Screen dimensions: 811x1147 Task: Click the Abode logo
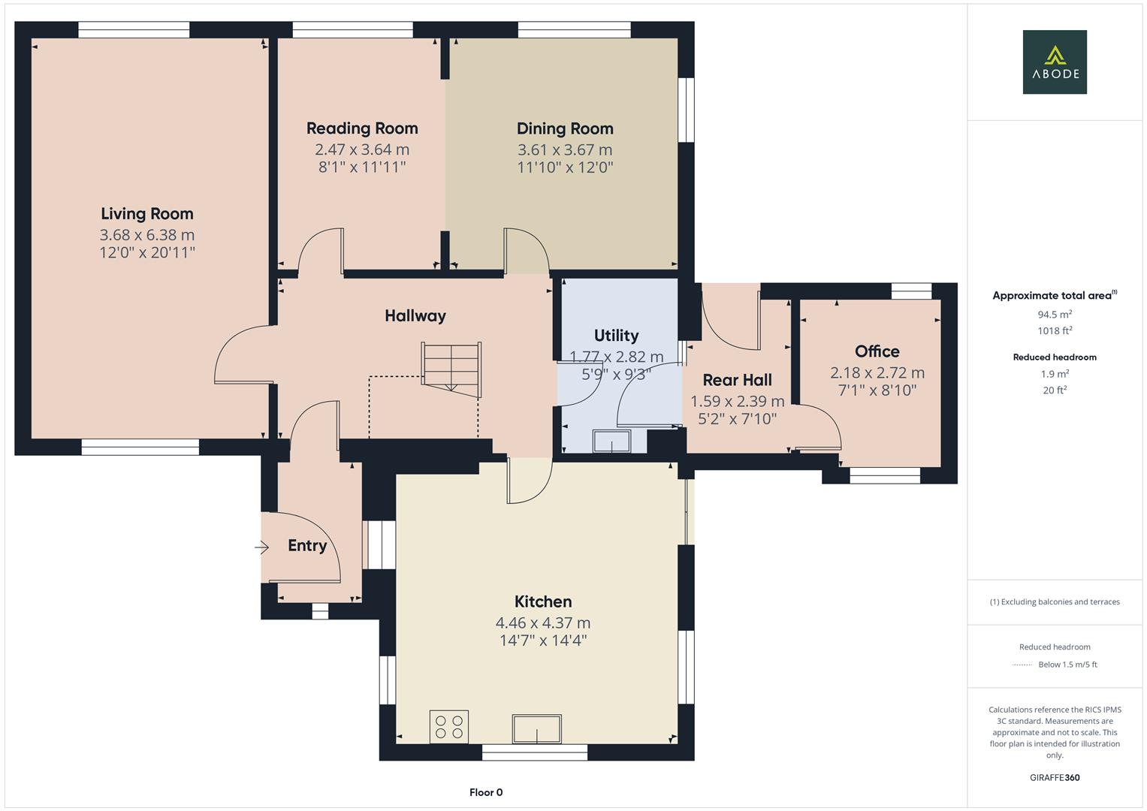pyautogui.click(x=1054, y=62)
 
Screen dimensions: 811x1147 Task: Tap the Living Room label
pyautogui.click(x=147, y=214)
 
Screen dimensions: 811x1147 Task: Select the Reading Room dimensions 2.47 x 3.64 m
pyautogui.click(x=362, y=149)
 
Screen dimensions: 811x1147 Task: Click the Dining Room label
pyautogui.click(x=565, y=128)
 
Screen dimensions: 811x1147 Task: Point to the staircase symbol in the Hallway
pyautogui.click(x=451, y=369)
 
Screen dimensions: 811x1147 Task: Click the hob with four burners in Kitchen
pyautogui.click(x=448, y=726)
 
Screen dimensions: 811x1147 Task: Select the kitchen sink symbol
pyautogui.click(x=536, y=728)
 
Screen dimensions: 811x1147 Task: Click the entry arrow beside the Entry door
pyautogui.click(x=261, y=547)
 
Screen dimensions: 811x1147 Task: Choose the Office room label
pyautogui.click(x=877, y=351)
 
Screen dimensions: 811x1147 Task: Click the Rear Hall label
pyautogui.click(x=737, y=380)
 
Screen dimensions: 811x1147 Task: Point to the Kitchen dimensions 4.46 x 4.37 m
pyautogui.click(x=542, y=623)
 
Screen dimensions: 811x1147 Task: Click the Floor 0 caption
pyautogui.click(x=486, y=792)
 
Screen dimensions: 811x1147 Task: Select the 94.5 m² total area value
pyautogui.click(x=1055, y=315)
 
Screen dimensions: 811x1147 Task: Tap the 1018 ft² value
pyautogui.click(x=1055, y=330)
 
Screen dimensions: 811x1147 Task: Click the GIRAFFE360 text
pyautogui.click(x=1055, y=777)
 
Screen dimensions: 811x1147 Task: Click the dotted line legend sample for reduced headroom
pyautogui.click(x=1022, y=665)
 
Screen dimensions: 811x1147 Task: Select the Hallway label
pyautogui.click(x=415, y=316)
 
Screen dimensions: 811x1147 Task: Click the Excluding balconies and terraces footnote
pyautogui.click(x=1055, y=601)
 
